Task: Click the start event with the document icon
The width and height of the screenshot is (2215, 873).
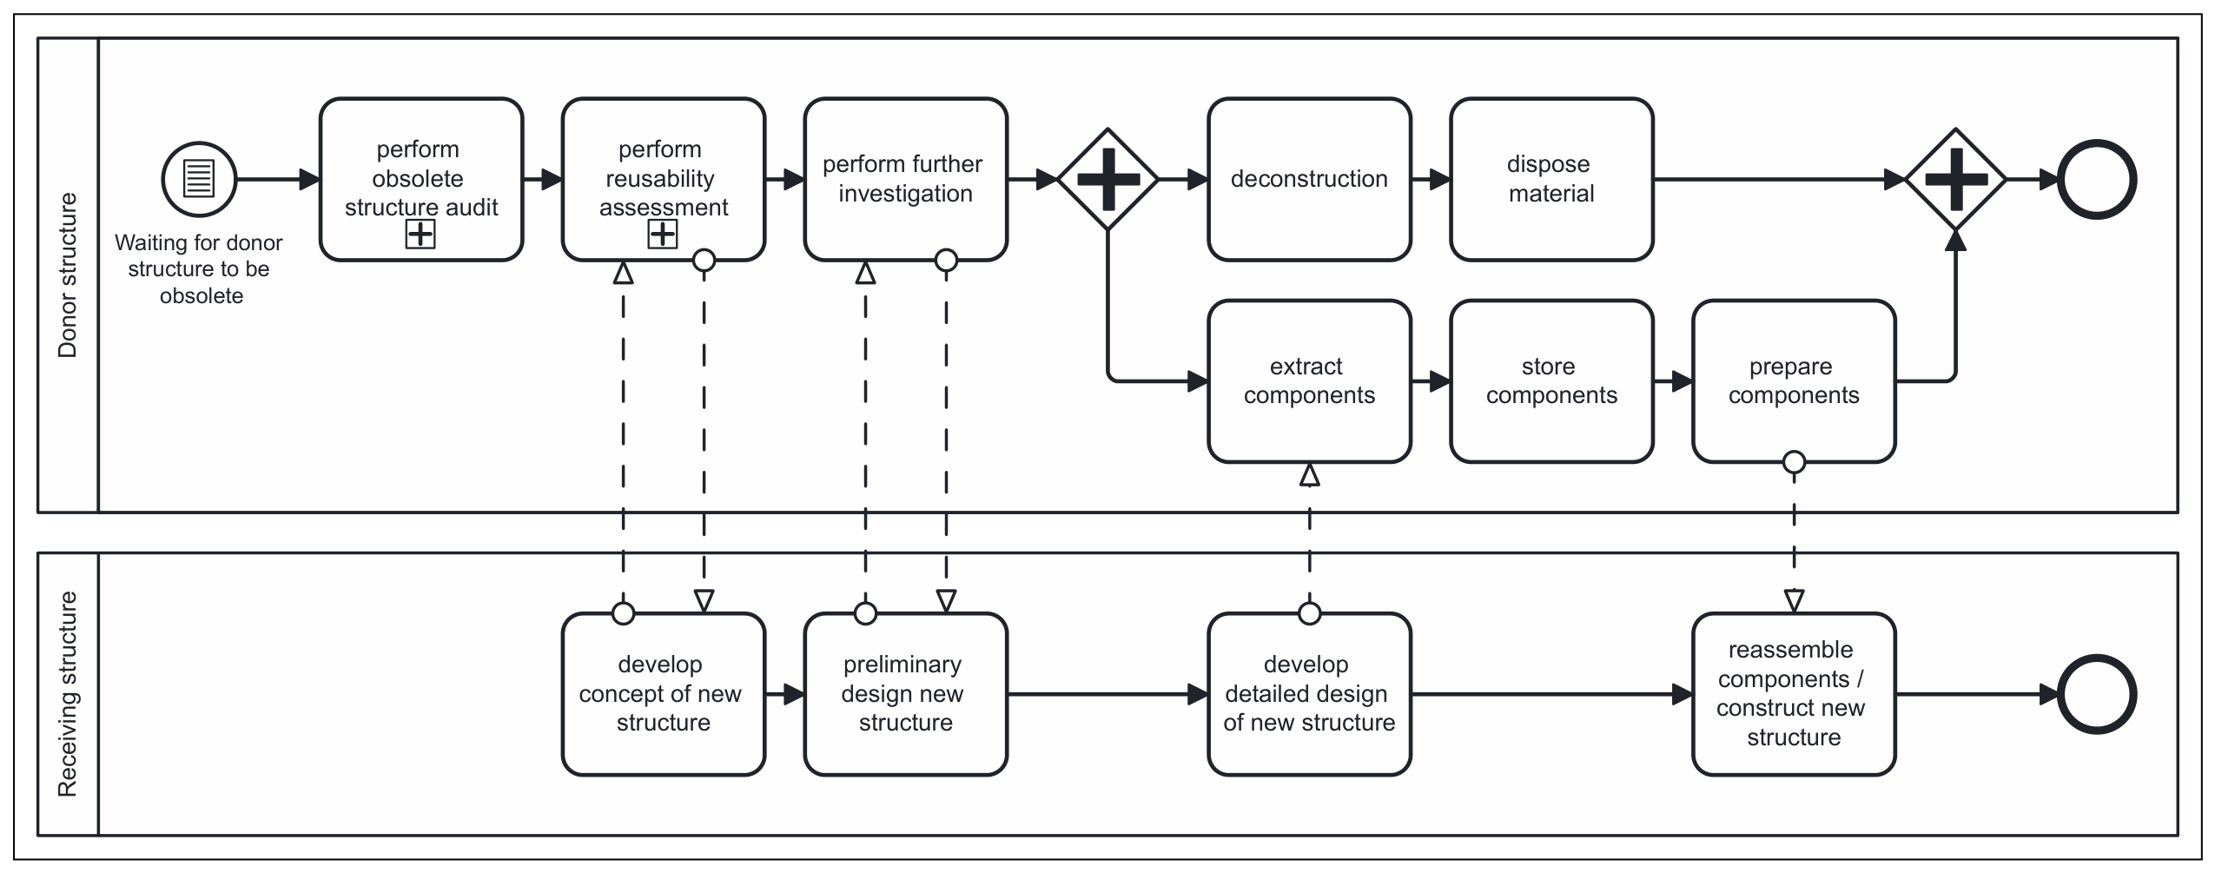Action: [x=199, y=180]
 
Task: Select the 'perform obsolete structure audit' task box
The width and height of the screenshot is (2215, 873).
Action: [x=421, y=180]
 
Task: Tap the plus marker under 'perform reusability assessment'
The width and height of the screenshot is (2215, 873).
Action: [x=663, y=234]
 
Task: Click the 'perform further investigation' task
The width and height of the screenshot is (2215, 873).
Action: [x=906, y=180]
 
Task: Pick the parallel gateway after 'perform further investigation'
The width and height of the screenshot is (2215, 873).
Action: [x=1107, y=180]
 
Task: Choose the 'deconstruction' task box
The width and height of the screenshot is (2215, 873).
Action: [x=1309, y=180]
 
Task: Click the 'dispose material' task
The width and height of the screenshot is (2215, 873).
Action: [x=1551, y=180]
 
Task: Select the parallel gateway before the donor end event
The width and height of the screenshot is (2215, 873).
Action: [x=1955, y=180]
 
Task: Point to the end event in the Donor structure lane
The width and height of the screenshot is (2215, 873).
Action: [x=2097, y=180]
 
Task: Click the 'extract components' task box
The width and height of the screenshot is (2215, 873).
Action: [x=1309, y=381]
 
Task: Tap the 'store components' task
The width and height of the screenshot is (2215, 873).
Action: [x=1551, y=381]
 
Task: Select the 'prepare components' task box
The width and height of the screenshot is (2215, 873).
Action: [x=1794, y=381]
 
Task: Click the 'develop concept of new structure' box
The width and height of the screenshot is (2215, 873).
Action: [x=664, y=694]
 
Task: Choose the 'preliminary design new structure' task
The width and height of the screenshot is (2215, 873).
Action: [x=906, y=694]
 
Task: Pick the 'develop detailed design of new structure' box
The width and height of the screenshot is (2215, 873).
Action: [x=1309, y=694]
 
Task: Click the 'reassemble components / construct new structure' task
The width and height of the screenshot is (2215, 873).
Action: [x=1794, y=694]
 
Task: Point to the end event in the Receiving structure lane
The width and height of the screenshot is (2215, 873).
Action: [x=2097, y=694]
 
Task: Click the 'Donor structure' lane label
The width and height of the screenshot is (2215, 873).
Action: [x=67, y=274]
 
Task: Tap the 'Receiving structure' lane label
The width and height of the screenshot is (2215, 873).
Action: [x=67, y=694]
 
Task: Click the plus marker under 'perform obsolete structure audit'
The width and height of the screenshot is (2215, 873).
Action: [x=420, y=234]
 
